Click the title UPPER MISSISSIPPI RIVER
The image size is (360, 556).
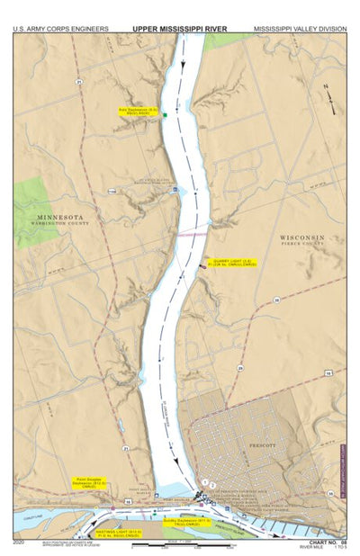pos(180,28)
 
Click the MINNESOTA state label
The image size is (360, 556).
pos(60,217)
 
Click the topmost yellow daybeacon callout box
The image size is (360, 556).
pos(139,112)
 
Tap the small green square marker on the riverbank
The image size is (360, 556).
pos(166,115)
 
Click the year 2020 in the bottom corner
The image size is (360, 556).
pos(19,543)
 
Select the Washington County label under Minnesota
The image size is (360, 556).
pos(60,225)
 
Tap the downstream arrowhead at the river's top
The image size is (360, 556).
pos(182,65)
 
